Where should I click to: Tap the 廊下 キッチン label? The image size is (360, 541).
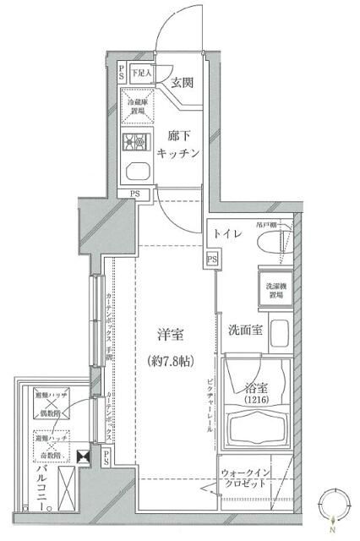(x=177, y=144)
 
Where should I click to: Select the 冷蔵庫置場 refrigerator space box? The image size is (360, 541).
(x=134, y=106)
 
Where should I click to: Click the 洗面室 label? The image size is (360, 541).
(x=245, y=329)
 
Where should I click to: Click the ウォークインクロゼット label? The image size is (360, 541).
(x=245, y=478)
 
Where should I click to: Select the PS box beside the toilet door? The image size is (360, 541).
(x=211, y=258)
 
